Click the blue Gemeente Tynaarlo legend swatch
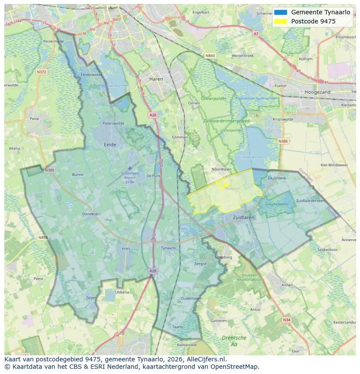tap(281, 13)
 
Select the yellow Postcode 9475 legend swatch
tap(281, 21)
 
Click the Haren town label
tap(156, 79)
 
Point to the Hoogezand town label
tap(317, 92)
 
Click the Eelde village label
tap(110, 144)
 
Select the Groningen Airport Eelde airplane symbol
tap(129, 168)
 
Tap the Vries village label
tap(126, 248)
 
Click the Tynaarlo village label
tap(168, 248)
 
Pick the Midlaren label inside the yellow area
tap(233, 189)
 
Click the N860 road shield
tap(210, 56)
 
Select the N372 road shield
tap(41, 72)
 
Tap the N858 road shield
tap(43, 238)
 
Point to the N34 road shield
tap(286, 320)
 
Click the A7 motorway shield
tap(256, 33)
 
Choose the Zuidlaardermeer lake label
tap(250, 157)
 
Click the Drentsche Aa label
tap(234, 341)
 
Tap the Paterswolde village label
tap(113, 123)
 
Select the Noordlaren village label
tap(221, 169)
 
